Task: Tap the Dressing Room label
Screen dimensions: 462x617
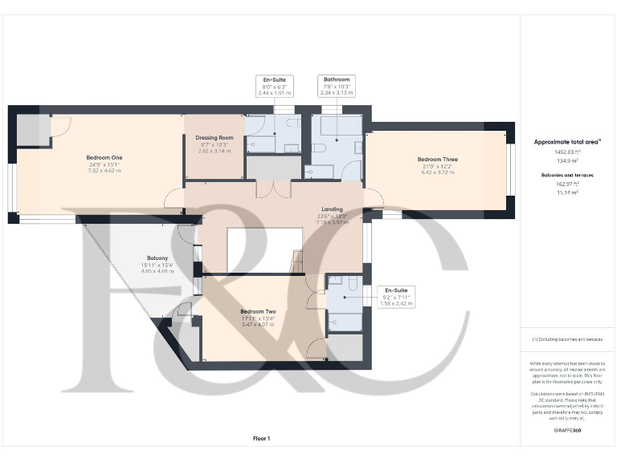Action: point(214,138)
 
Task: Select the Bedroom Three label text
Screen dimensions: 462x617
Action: point(438,160)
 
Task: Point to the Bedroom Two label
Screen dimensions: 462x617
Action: point(258,312)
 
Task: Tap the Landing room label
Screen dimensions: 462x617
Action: point(332,209)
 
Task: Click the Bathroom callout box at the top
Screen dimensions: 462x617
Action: point(336,86)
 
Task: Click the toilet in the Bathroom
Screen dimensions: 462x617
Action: point(318,148)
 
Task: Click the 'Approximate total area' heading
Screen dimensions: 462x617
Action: point(567,142)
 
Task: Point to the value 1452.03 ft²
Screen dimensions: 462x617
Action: point(567,152)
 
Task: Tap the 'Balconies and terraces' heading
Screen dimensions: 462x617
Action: point(567,174)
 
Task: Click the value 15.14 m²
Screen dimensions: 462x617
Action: point(567,192)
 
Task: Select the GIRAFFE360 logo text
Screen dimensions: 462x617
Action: point(567,432)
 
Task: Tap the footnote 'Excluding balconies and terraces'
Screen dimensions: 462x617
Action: point(567,339)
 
